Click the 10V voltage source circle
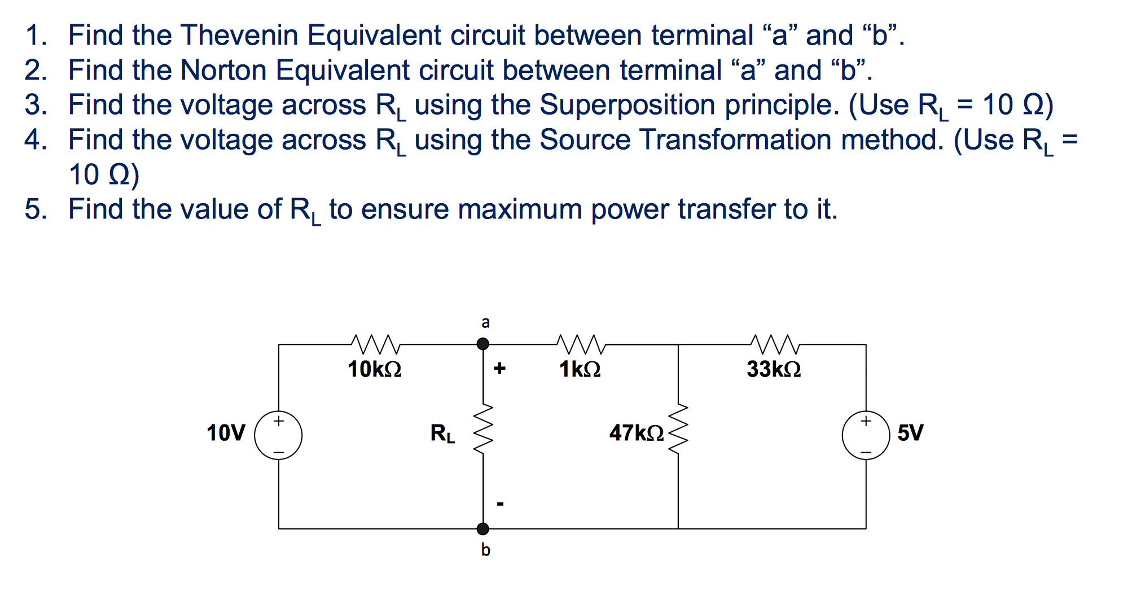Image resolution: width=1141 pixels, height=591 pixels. pos(278,435)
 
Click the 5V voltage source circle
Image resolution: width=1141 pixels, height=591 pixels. pos(866,435)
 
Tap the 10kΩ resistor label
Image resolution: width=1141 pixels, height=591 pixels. pos(374,369)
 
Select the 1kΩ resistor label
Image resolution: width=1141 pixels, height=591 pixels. pos(580,369)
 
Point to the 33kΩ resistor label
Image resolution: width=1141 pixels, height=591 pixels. pos(773,369)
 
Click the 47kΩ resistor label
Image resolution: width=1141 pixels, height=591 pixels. pos(636,433)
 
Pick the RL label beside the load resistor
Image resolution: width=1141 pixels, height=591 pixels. pos(442,434)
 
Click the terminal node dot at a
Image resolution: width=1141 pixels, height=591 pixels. pos(483,344)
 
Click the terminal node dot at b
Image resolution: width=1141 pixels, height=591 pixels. pos(483,529)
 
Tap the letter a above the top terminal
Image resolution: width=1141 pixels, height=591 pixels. pos(485,322)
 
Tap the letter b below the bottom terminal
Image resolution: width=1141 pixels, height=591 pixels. pos(485,549)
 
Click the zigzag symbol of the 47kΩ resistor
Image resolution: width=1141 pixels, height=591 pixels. pos(678,432)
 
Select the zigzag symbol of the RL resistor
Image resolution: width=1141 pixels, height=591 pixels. pos(483,432)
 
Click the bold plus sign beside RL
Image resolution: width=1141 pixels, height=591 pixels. pos(499,369)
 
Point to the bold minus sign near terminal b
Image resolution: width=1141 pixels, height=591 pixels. pos(499,503)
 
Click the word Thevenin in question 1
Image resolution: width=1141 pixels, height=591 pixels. pos(239,35)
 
